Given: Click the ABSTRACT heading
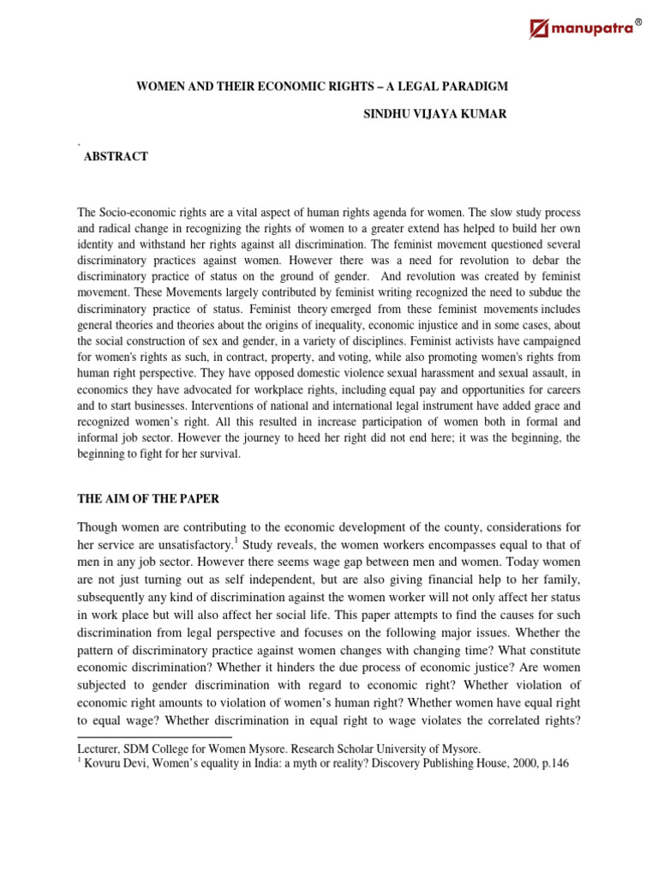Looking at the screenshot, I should pyautogui.click(x=116, y=156).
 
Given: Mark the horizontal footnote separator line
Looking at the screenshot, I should pyautogui.click(x=154, y=737).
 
